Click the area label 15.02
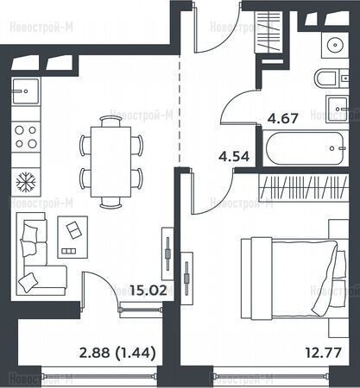coord(148,291)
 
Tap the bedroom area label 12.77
coord(324,353)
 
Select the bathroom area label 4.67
coord(282,118)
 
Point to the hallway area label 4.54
coord(234,157)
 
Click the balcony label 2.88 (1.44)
coord(117,353)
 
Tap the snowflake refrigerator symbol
coord(26,182)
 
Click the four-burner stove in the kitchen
coord(26,137)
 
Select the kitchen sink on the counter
coord(25,91)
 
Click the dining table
coord(111,162)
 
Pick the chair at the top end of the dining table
coord(111,121)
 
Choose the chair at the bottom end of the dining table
coord(111,203)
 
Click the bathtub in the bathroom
coord(306,148)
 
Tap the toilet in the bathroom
coord(326,78)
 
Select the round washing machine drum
coord(335,45)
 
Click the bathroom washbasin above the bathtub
coord(338,109)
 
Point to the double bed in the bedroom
coord(293,278)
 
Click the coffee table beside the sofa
coord(73,237)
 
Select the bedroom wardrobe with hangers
coord(304,188)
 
